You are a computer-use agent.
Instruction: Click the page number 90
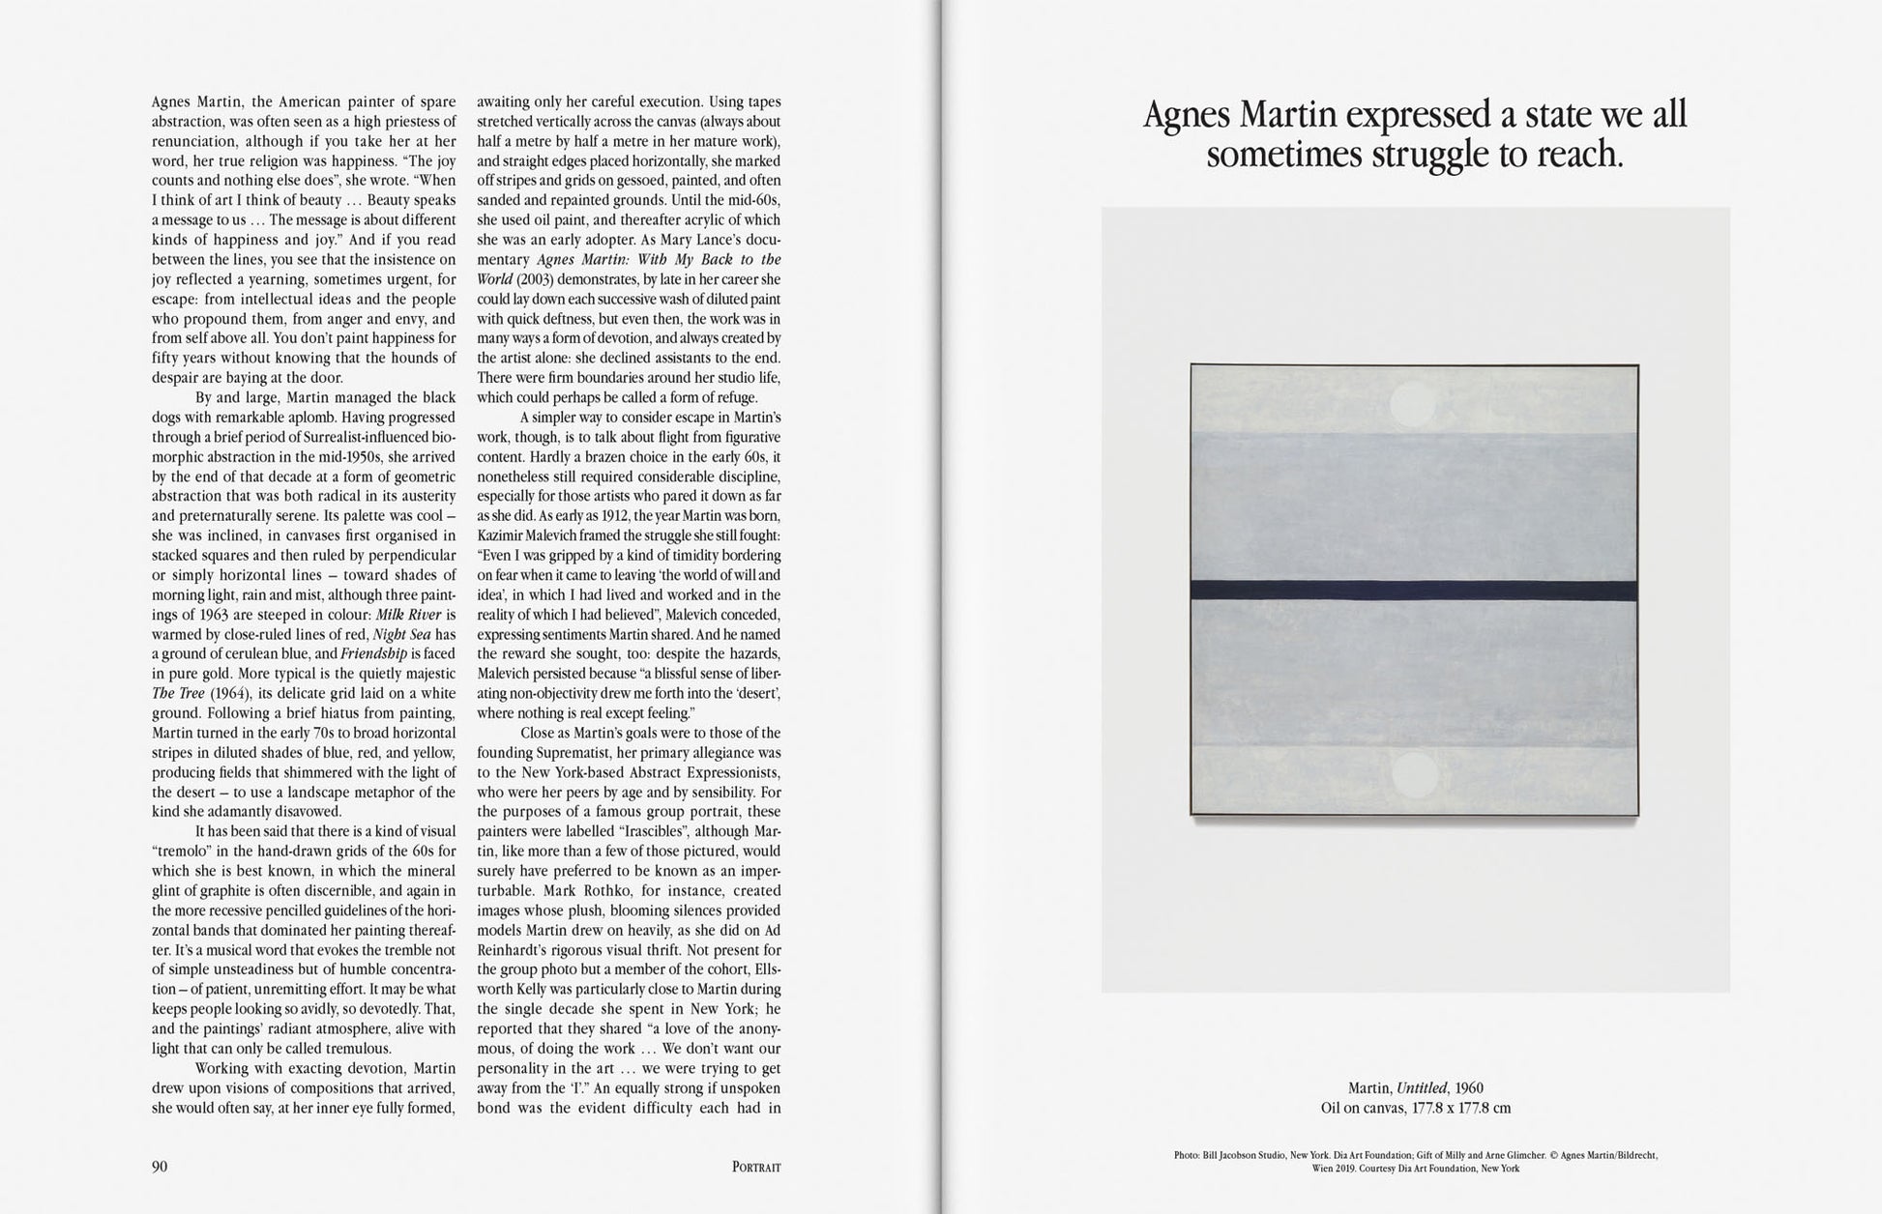coord(160,1167)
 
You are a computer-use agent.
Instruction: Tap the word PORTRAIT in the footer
coord(756,1168)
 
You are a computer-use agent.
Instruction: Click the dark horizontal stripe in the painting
coord(1414,590)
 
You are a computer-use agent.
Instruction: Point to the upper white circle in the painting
coord(1413,405)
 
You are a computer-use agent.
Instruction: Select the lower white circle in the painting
coord(1413,774)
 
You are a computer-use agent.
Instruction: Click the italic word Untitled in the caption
coord(1422,1088)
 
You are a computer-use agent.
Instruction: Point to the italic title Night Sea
coord(401,635)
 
